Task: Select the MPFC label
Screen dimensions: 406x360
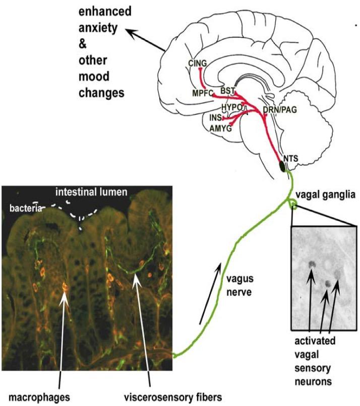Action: pyautogui.click(x=202, y=94)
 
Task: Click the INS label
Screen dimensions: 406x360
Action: pyautogui.click(x=215, y=117)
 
